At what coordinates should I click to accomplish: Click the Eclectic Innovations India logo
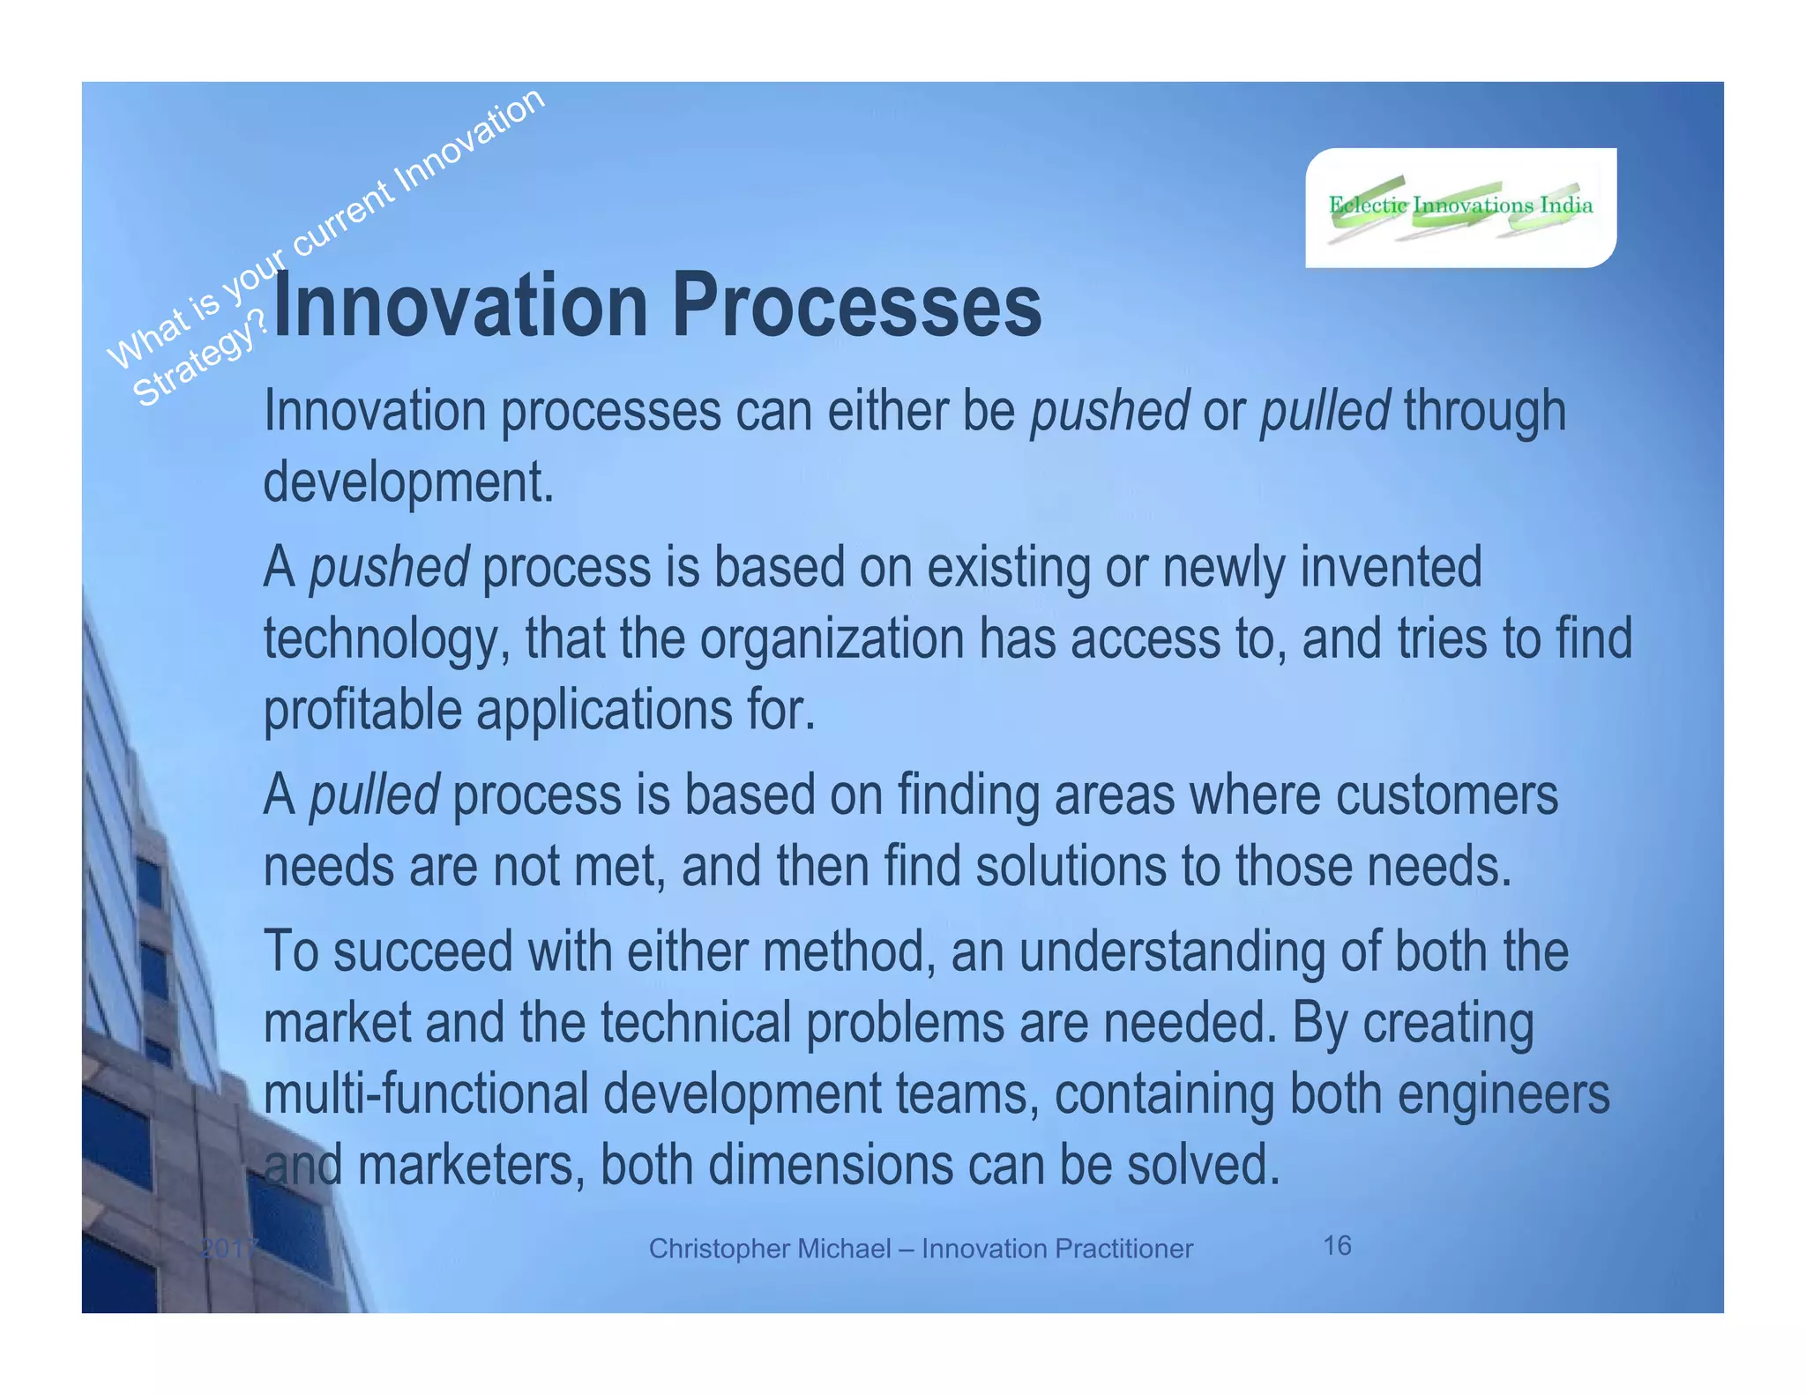pos(1460,207)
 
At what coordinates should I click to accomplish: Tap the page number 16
pos(1337,1245)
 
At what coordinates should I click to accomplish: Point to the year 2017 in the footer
pos(228,1249)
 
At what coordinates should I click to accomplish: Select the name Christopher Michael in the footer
pos(769,1249)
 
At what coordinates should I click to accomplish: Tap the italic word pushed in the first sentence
pos(1109,411)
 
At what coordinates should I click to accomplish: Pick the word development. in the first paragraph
pos(409,482)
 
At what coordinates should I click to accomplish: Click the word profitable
pos(362,710)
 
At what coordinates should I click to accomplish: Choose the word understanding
pos(1172,951)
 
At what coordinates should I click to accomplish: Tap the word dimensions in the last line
pos(830,1165)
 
